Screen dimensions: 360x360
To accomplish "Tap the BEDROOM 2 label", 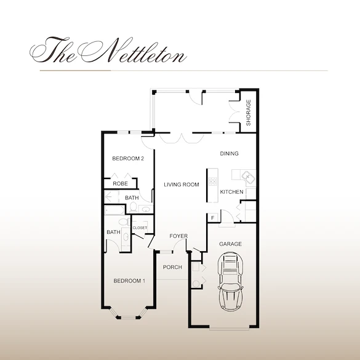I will point(128,159).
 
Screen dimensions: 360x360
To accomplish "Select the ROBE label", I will point(120,183).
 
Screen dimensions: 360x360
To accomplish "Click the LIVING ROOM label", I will point(181,185).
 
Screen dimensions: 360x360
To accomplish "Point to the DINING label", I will point(229,154).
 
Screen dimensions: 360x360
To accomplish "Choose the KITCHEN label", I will point(232,192).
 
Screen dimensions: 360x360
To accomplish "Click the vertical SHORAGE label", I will point(249,113).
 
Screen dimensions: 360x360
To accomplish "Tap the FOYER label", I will point(178,236).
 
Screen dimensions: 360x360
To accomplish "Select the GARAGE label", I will point(230,244).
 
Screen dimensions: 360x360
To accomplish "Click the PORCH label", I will point(172,267).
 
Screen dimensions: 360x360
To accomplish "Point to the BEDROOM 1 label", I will point(129,281).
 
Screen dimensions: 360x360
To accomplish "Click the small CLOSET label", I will point(140,228).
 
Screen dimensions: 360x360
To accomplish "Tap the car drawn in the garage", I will point(231,283).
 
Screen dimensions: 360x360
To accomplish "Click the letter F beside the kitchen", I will point(213,217).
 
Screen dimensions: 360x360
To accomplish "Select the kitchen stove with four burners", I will point(213,181).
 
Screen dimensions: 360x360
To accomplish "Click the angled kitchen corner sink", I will point(247,177).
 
